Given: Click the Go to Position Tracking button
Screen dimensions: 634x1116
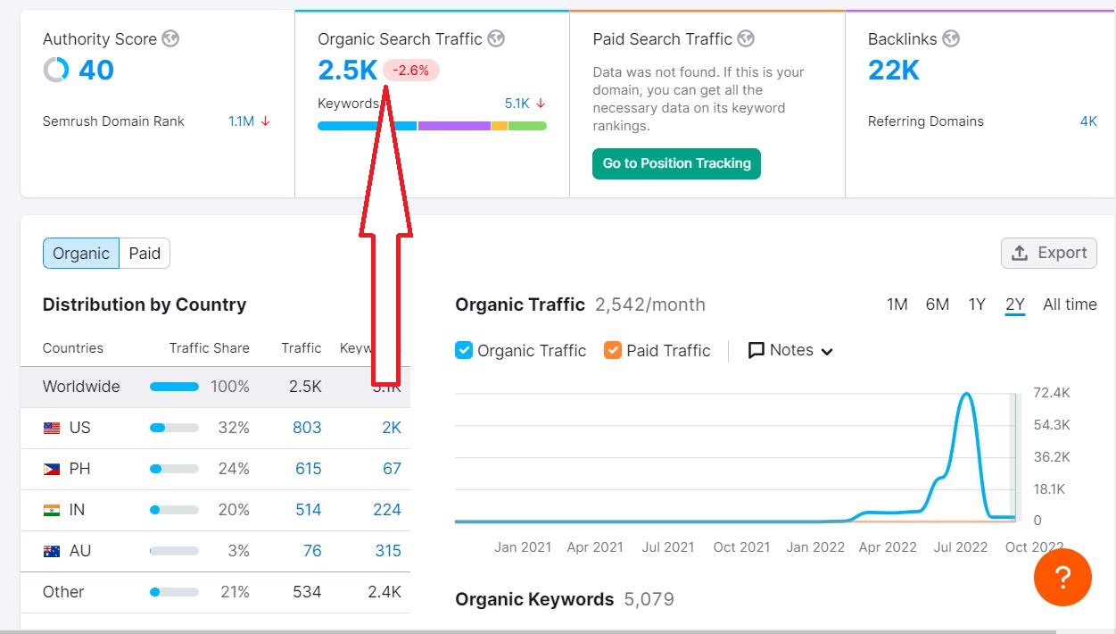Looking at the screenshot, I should [676, 163].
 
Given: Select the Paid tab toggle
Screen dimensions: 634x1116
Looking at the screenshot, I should [145, 254].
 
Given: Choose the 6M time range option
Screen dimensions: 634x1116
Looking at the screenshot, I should [937, 304].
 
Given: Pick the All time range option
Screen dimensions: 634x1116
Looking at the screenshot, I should [1070, 304].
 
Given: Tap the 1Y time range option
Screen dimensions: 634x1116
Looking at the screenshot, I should [977, 304].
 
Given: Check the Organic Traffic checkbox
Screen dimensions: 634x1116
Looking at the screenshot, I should [464, 350].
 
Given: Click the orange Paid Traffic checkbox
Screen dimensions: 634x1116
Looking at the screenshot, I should [613, 350].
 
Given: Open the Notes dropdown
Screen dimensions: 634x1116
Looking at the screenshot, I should [790, 350].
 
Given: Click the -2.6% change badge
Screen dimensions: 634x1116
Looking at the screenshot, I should [411, 71].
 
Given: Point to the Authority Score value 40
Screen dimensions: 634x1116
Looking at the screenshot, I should [95, 70].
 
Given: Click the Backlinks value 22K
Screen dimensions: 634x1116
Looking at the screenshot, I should [893, 70].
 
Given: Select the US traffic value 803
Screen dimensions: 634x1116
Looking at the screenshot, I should [307, 428].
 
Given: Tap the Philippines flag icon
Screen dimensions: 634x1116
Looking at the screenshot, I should [52, 469].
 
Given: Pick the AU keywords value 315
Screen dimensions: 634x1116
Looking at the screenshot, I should [388, 551].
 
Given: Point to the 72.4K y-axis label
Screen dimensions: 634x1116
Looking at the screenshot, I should [1051, 393].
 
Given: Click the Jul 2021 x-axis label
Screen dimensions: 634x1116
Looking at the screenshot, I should [668, 546].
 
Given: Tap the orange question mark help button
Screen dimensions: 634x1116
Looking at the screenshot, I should [1062, 578].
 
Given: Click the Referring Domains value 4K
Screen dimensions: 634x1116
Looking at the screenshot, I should [1088, 121].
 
